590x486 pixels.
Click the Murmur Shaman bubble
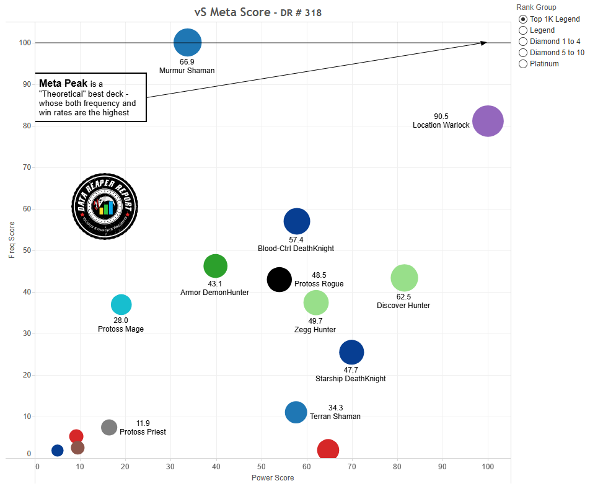pos(187,43)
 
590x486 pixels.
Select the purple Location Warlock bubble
pos(488,122)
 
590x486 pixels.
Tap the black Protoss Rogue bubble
pos(280,279)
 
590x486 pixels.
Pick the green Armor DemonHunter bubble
pos(215,266)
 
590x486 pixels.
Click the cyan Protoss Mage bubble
pos(121,304)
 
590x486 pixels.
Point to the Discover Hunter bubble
pos(404,278)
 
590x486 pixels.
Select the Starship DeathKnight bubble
pos(351,352)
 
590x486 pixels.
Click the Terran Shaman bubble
pos(296,412)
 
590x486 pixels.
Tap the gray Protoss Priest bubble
pos(109,427)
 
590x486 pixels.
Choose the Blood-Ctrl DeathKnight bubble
pos(296,221)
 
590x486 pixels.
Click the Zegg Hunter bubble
pos(316,303)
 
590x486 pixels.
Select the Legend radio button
pos(523,30)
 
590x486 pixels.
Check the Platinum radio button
pos(523,64)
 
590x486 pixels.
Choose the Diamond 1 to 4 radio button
pos(523,42)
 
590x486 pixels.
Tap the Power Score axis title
pos(272,478)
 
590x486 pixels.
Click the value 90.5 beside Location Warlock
pos(441,117)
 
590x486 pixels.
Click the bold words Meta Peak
pos(63,83)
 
